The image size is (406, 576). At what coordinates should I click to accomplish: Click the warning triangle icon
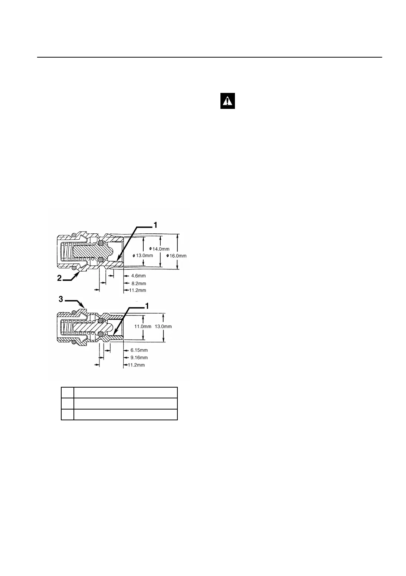(x=227, y=101)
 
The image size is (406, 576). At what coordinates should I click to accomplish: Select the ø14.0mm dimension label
(x=159, y=249)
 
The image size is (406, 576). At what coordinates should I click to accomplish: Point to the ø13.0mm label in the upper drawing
(x=143, y=255)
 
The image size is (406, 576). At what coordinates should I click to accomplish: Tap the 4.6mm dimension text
(x=138, y=276)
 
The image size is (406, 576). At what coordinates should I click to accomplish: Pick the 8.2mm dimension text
(x=138, y=283)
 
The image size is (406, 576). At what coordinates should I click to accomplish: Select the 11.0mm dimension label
(x=143, y=326)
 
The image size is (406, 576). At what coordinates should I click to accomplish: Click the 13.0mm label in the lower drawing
(x=163, y=326)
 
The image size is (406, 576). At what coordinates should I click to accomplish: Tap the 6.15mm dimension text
(x=139, y=350)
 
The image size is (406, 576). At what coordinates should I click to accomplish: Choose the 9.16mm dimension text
(x=139, y=357)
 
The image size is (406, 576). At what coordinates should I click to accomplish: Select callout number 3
(x=61, y=298)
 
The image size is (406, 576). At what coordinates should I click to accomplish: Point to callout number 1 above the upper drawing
(x=156, y=225)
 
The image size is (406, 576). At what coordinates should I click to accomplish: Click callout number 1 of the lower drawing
(x=147, y=305)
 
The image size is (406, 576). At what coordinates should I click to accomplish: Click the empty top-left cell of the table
(x=68, y=393)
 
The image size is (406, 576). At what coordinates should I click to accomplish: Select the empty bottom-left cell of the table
(x=68, y=415)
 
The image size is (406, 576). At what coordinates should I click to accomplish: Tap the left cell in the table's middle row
(x=68, y=404)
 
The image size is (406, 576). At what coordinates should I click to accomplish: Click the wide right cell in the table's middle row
(x=125, y=404)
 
